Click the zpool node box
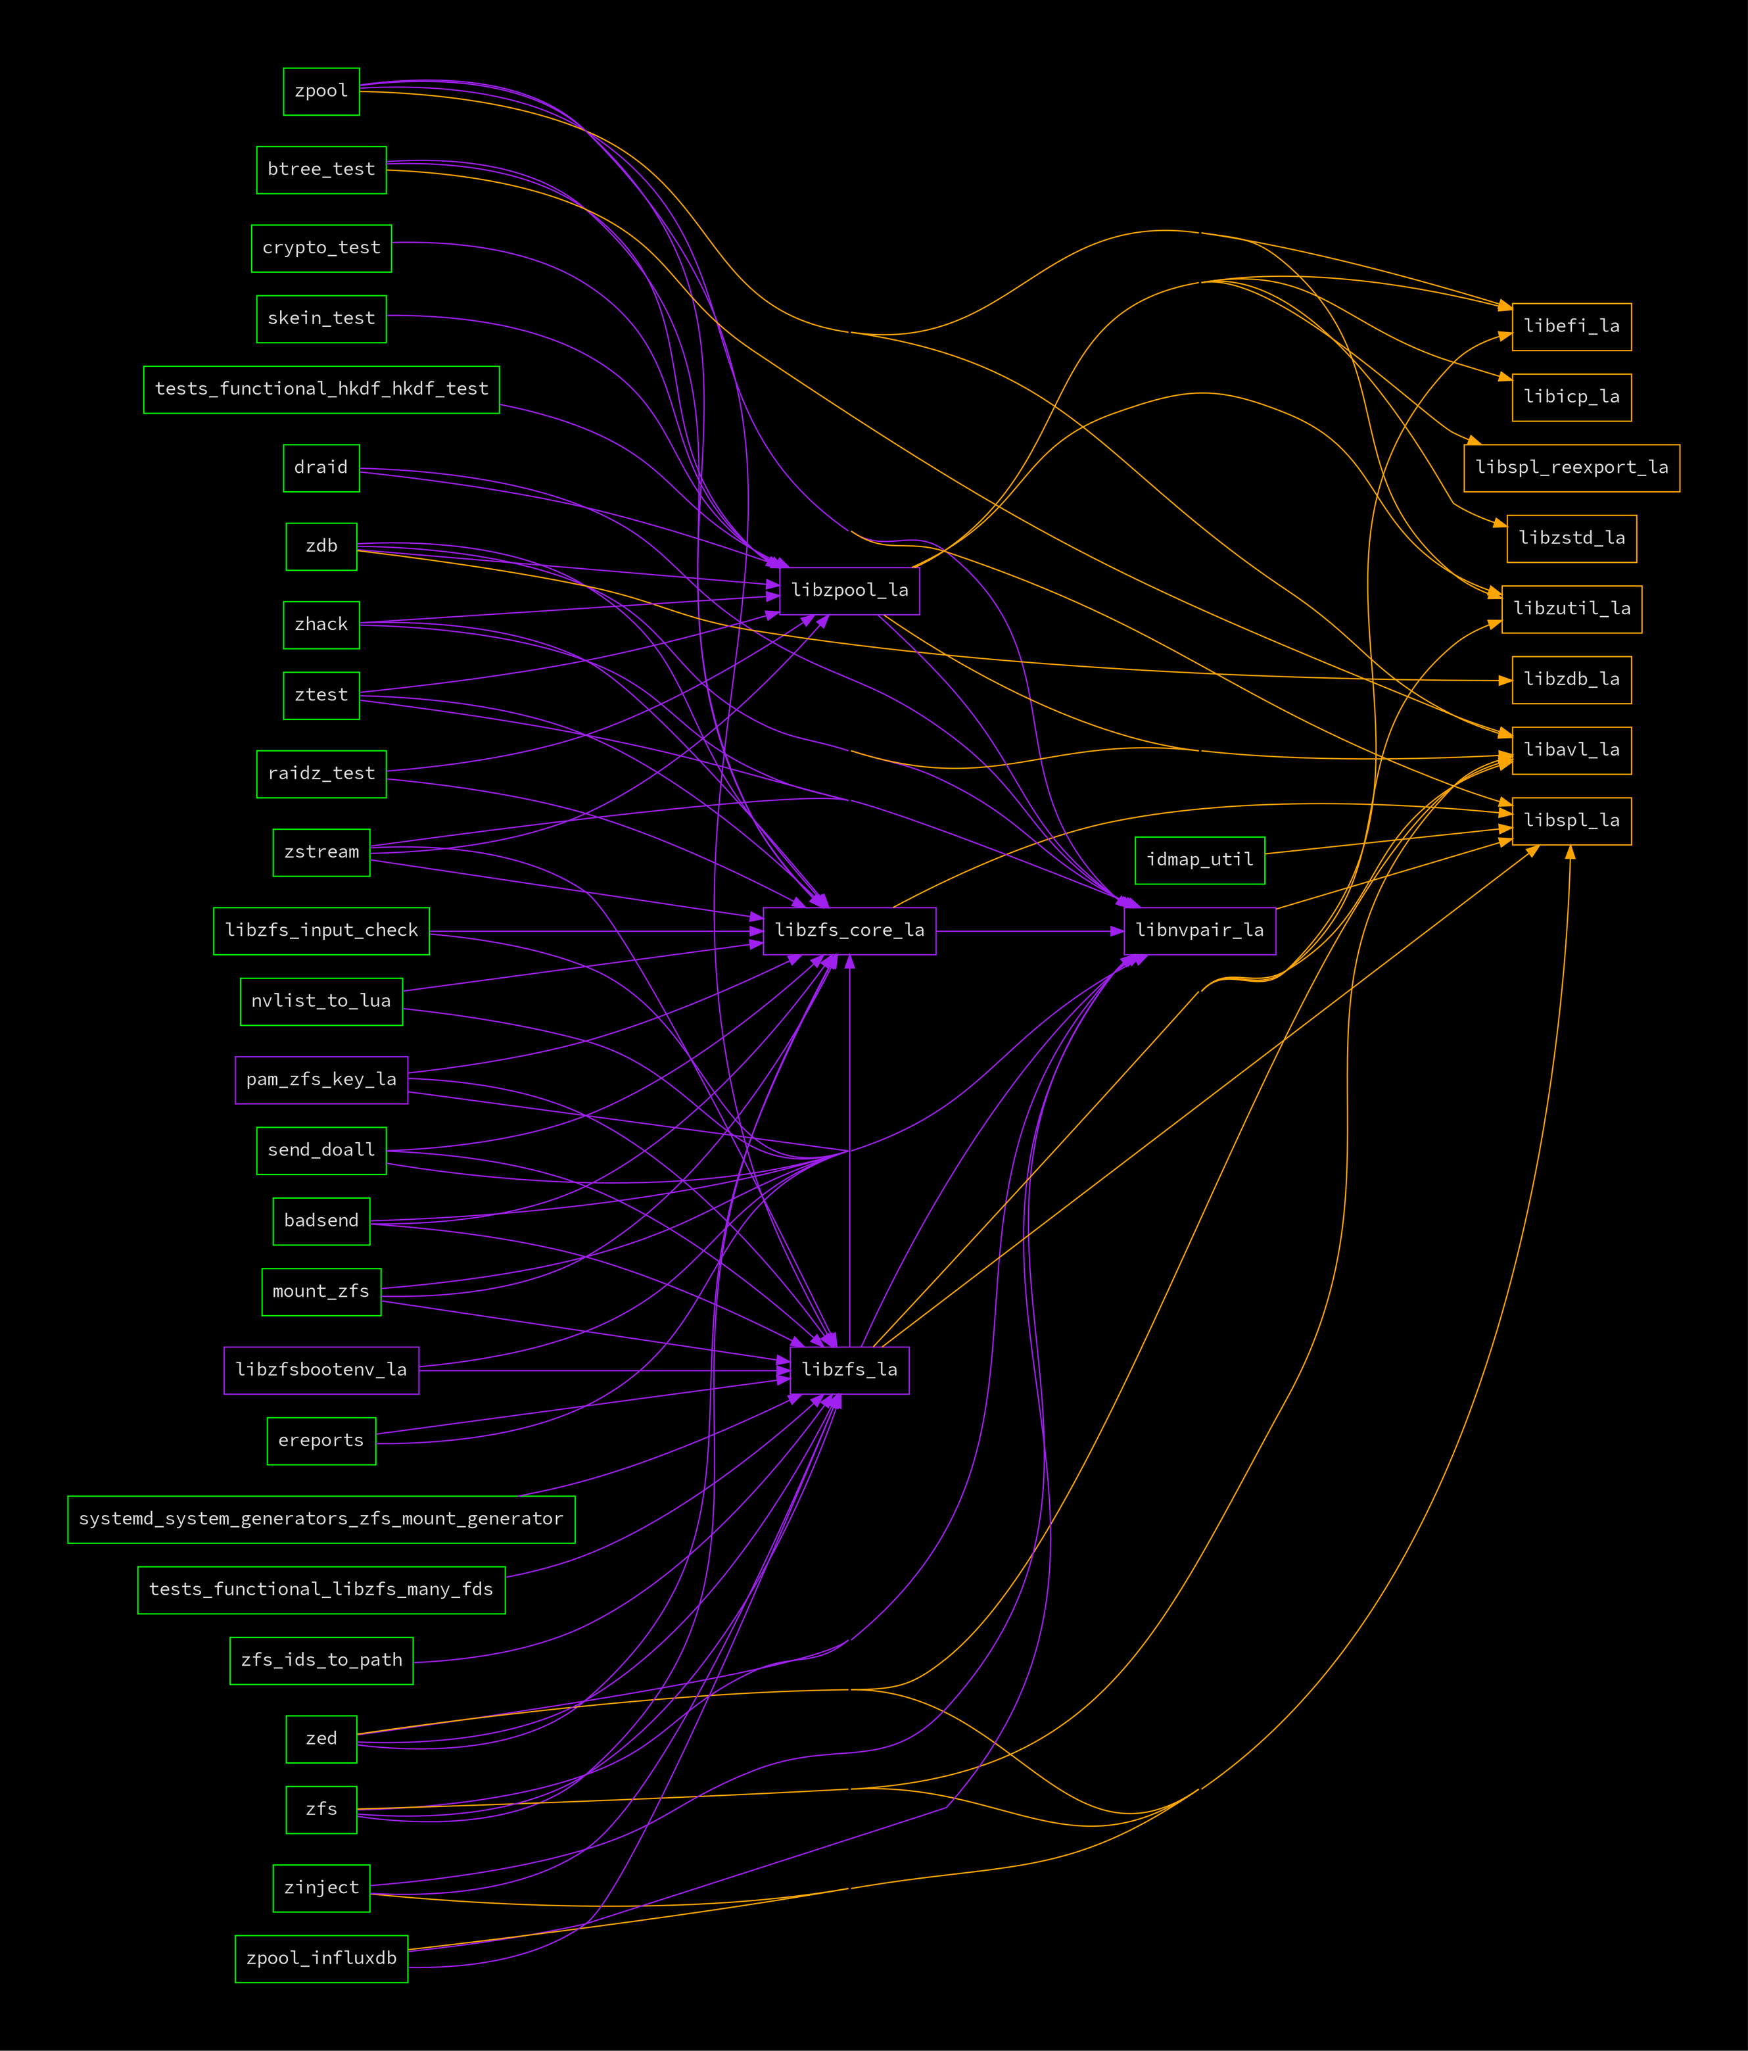click(321, 91)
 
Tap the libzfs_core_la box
click(849, 930)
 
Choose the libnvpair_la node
click(1200, 930)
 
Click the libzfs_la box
click(849, 1370)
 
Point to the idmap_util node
click(1200, 860)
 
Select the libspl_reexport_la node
click(1572, 468)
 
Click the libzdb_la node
click(1572, 680)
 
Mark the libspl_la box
click(1572, 821)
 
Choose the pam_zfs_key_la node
click(321, 1080)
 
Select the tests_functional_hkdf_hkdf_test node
click(321, 390)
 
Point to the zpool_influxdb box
click(321, 1959)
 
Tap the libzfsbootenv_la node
click(321, 1370)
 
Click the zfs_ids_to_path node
click(321, 1660)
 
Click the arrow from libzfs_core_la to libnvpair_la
click(1029, 930)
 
